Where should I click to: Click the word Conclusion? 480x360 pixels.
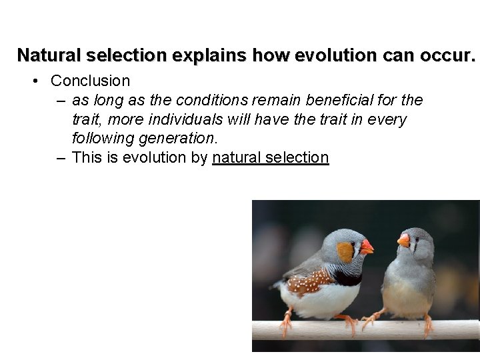point(90,81)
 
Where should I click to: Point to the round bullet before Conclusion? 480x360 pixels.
point(37,81)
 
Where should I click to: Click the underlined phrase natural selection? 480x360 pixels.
point(270,158)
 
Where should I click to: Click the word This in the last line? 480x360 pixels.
point(87,158)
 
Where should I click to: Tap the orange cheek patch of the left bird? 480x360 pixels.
point(345,252)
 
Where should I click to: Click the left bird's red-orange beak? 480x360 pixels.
point(366,247)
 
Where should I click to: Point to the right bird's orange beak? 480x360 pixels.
point(403,240)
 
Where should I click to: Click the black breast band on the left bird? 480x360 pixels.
point(348,277)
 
